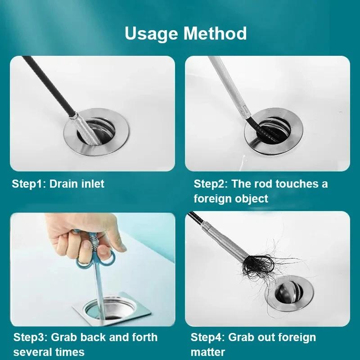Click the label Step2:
click(x=210, y=184)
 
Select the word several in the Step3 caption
click(x=31, y=351)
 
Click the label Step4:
click(x=207, y=337)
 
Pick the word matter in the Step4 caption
click(x=208, y=351)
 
